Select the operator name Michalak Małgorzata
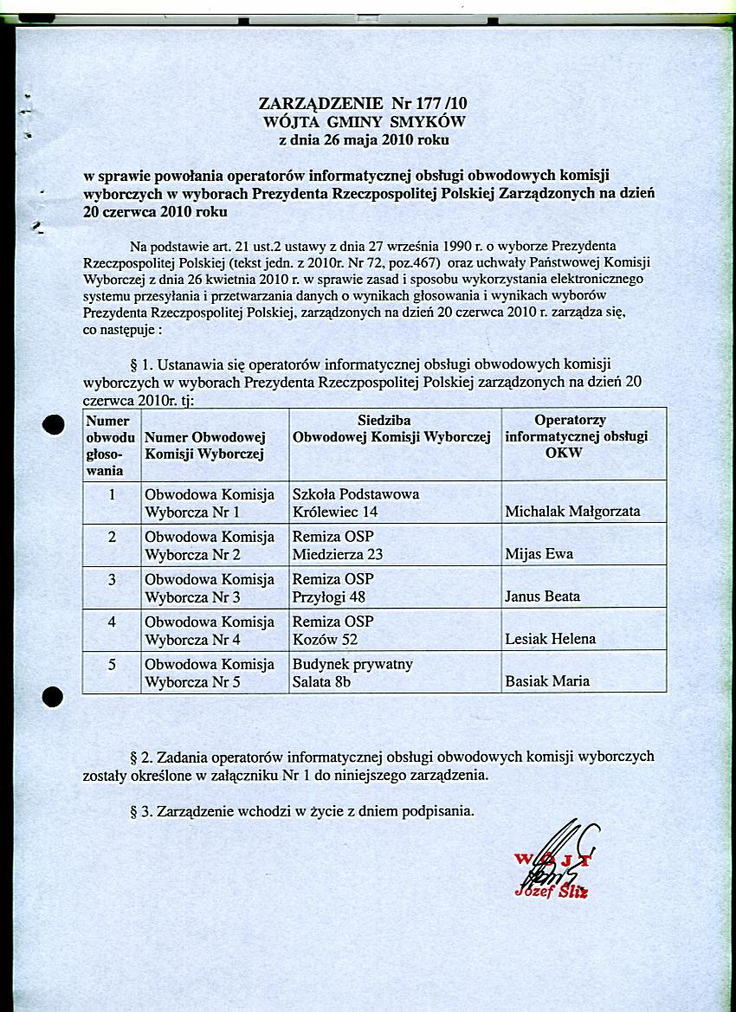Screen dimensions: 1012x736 [x=572, y=512]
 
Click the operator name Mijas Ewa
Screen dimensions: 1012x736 [x=539, y=554]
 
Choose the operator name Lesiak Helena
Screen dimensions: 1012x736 [x=550, y=639]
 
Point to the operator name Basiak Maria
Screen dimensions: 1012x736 [x=547, y=681]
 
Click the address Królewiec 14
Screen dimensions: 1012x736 [x=335, y=512]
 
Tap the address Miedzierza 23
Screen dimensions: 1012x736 [x=338, y=554]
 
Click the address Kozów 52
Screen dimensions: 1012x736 [x=325, y=639]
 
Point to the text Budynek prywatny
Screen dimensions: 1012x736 [x=352, y=664]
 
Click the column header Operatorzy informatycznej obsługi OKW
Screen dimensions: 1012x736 [x=576, y=436]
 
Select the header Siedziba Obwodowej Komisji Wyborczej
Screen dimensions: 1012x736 [x=392, y=429]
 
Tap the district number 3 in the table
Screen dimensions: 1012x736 [x=112, y=579]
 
